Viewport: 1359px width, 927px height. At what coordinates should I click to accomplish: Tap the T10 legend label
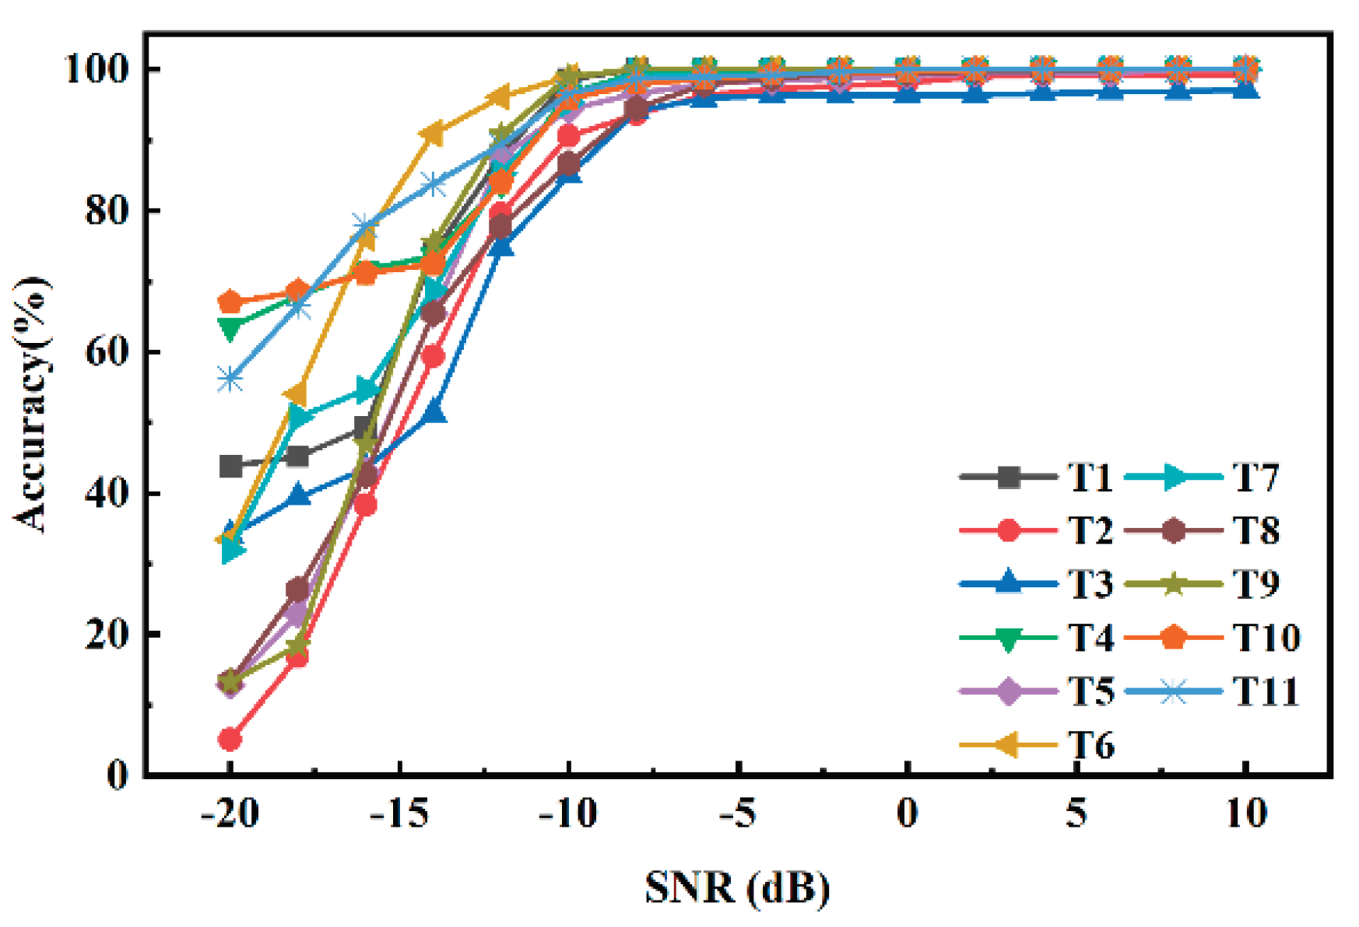pyautogui.click(x=1267, y=638)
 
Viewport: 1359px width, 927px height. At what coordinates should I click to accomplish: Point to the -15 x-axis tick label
pyautogui.click(x=399, y=813)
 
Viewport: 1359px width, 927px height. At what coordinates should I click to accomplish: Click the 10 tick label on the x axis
pyautogui.click(x=1245, y=813)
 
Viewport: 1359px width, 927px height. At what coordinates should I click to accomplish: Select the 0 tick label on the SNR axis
pyautogui.click(x=908, y=813)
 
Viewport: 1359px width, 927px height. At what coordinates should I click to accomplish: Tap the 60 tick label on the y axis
pyautogui.click(x=107, y=352)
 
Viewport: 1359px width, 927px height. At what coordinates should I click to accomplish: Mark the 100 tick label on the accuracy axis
pyautogui.click(x=96, y=70)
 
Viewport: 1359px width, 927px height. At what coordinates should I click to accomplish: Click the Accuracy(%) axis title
pyautogui.click(x=31, y=404)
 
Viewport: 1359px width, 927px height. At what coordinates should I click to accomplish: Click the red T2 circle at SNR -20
pyautogui.click(x=230, y=739)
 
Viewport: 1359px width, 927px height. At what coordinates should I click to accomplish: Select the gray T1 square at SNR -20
pyautogui.click(x=230, y=467)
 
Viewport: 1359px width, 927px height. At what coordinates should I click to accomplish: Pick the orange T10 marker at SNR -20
pyautogui.click(x=230, y=302)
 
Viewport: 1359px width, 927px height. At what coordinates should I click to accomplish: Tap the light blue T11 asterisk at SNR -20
pyautogui.click(x=230, y=380)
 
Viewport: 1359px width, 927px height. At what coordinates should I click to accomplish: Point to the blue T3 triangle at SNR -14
pyautogui.click(x=434, y=411)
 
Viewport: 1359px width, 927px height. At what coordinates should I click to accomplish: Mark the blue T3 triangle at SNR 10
pyautogui.click(x=1246, y=90)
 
